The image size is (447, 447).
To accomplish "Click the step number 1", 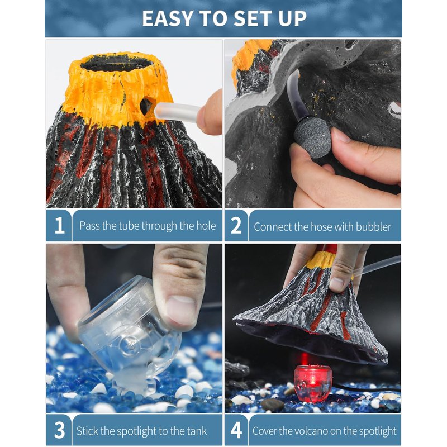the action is [x=59, y=226].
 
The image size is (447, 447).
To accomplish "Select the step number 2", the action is [x=236, y=226].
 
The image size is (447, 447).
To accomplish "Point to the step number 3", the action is [x=59, y=430].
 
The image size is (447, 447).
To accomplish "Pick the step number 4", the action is [x=236, y=430].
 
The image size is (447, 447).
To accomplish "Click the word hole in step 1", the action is [x=206, y=226].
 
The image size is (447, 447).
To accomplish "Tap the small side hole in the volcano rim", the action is [x=146, y=106].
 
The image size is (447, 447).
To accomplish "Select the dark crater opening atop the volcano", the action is [x=117, y=64].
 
